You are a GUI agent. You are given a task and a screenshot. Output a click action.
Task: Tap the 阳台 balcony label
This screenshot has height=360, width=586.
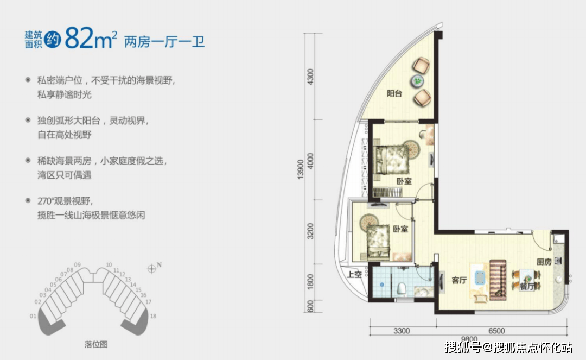pyautogui.click(x=394, y=93)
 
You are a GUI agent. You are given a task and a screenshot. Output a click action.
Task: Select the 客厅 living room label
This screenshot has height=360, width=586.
pyautogui.click(x=459, y=281)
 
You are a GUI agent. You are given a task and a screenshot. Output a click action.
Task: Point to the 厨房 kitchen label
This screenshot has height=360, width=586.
pyautogui.click(x=544, y=262)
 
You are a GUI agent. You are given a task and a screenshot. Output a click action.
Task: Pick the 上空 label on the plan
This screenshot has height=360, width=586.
pyautogui.click(x=355, y=275)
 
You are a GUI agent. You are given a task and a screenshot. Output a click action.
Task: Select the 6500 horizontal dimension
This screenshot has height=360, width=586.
pyautogui.click(x=496, y=331)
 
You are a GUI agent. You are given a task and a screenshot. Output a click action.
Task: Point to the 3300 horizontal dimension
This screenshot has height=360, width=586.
pyautogui.click(x=402, y=331)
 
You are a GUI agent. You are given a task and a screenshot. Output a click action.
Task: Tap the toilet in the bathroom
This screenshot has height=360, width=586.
pyautogui.click(x=401, y=288)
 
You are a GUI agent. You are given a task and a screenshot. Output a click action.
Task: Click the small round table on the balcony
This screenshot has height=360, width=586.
pyautogui.click(x=418, y=81)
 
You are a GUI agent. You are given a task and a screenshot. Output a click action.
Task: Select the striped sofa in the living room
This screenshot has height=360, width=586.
pyautogui.click(x=498, y=279)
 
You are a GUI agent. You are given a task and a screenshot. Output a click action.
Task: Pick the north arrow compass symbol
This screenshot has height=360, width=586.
pyautogui.click(x=152, y=267)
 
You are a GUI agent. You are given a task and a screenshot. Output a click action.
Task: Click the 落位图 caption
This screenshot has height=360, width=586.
pyautogui.click(x=96, y=344)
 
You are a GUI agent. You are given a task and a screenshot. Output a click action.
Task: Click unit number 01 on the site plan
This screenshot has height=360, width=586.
pyautogui.click(x=33, y=316)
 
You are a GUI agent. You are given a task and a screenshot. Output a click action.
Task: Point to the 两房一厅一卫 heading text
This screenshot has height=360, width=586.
pyautogui.click(x=164, y=41)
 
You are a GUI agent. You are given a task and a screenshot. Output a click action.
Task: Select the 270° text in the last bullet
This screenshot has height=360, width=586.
pyautogui.click(x=44, y=201)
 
